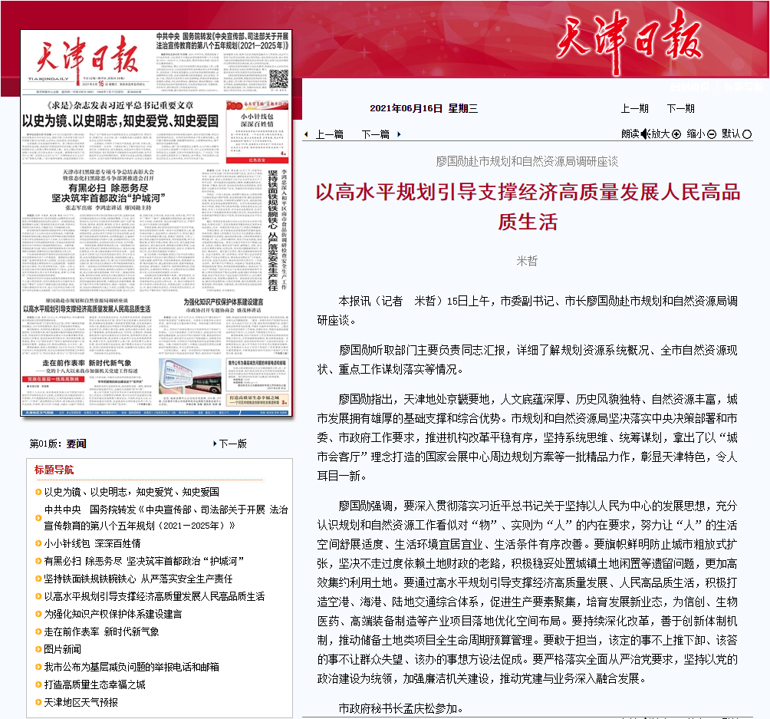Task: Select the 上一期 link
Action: click(634, 108)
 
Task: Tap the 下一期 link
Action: click(680, 108)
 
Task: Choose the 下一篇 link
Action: click(375, 134)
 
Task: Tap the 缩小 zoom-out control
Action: click(701, 134)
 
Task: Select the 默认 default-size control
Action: click(735, 134)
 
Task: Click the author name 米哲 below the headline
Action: click(528, 261)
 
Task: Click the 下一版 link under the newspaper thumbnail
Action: click(232, 444)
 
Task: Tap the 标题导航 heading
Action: click(54, 470)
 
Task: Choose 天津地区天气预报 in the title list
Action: click(81, 702)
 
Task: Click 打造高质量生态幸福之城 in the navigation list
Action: click(94, 684)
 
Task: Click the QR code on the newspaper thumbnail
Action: click(278, 79)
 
